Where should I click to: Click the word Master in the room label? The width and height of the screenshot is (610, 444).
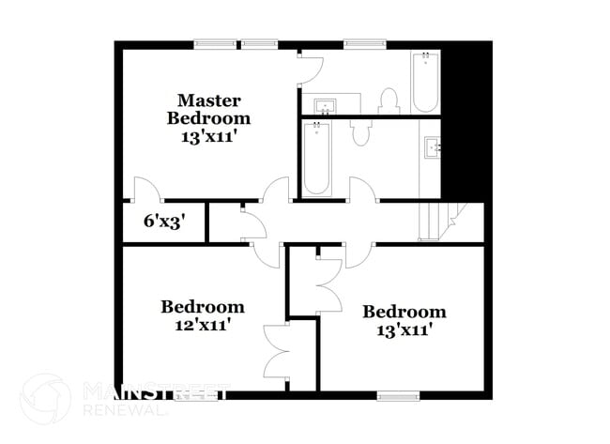click(209, 100)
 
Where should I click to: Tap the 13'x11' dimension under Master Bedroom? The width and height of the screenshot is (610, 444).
click(209, 136)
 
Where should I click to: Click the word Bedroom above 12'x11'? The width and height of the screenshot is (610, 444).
click(203, 307)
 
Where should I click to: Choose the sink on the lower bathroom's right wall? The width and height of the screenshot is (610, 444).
click(434, 146)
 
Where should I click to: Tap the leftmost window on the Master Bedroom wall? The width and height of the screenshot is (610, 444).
click(215, 43)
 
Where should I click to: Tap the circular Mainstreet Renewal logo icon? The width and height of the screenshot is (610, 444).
click(45, 399)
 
